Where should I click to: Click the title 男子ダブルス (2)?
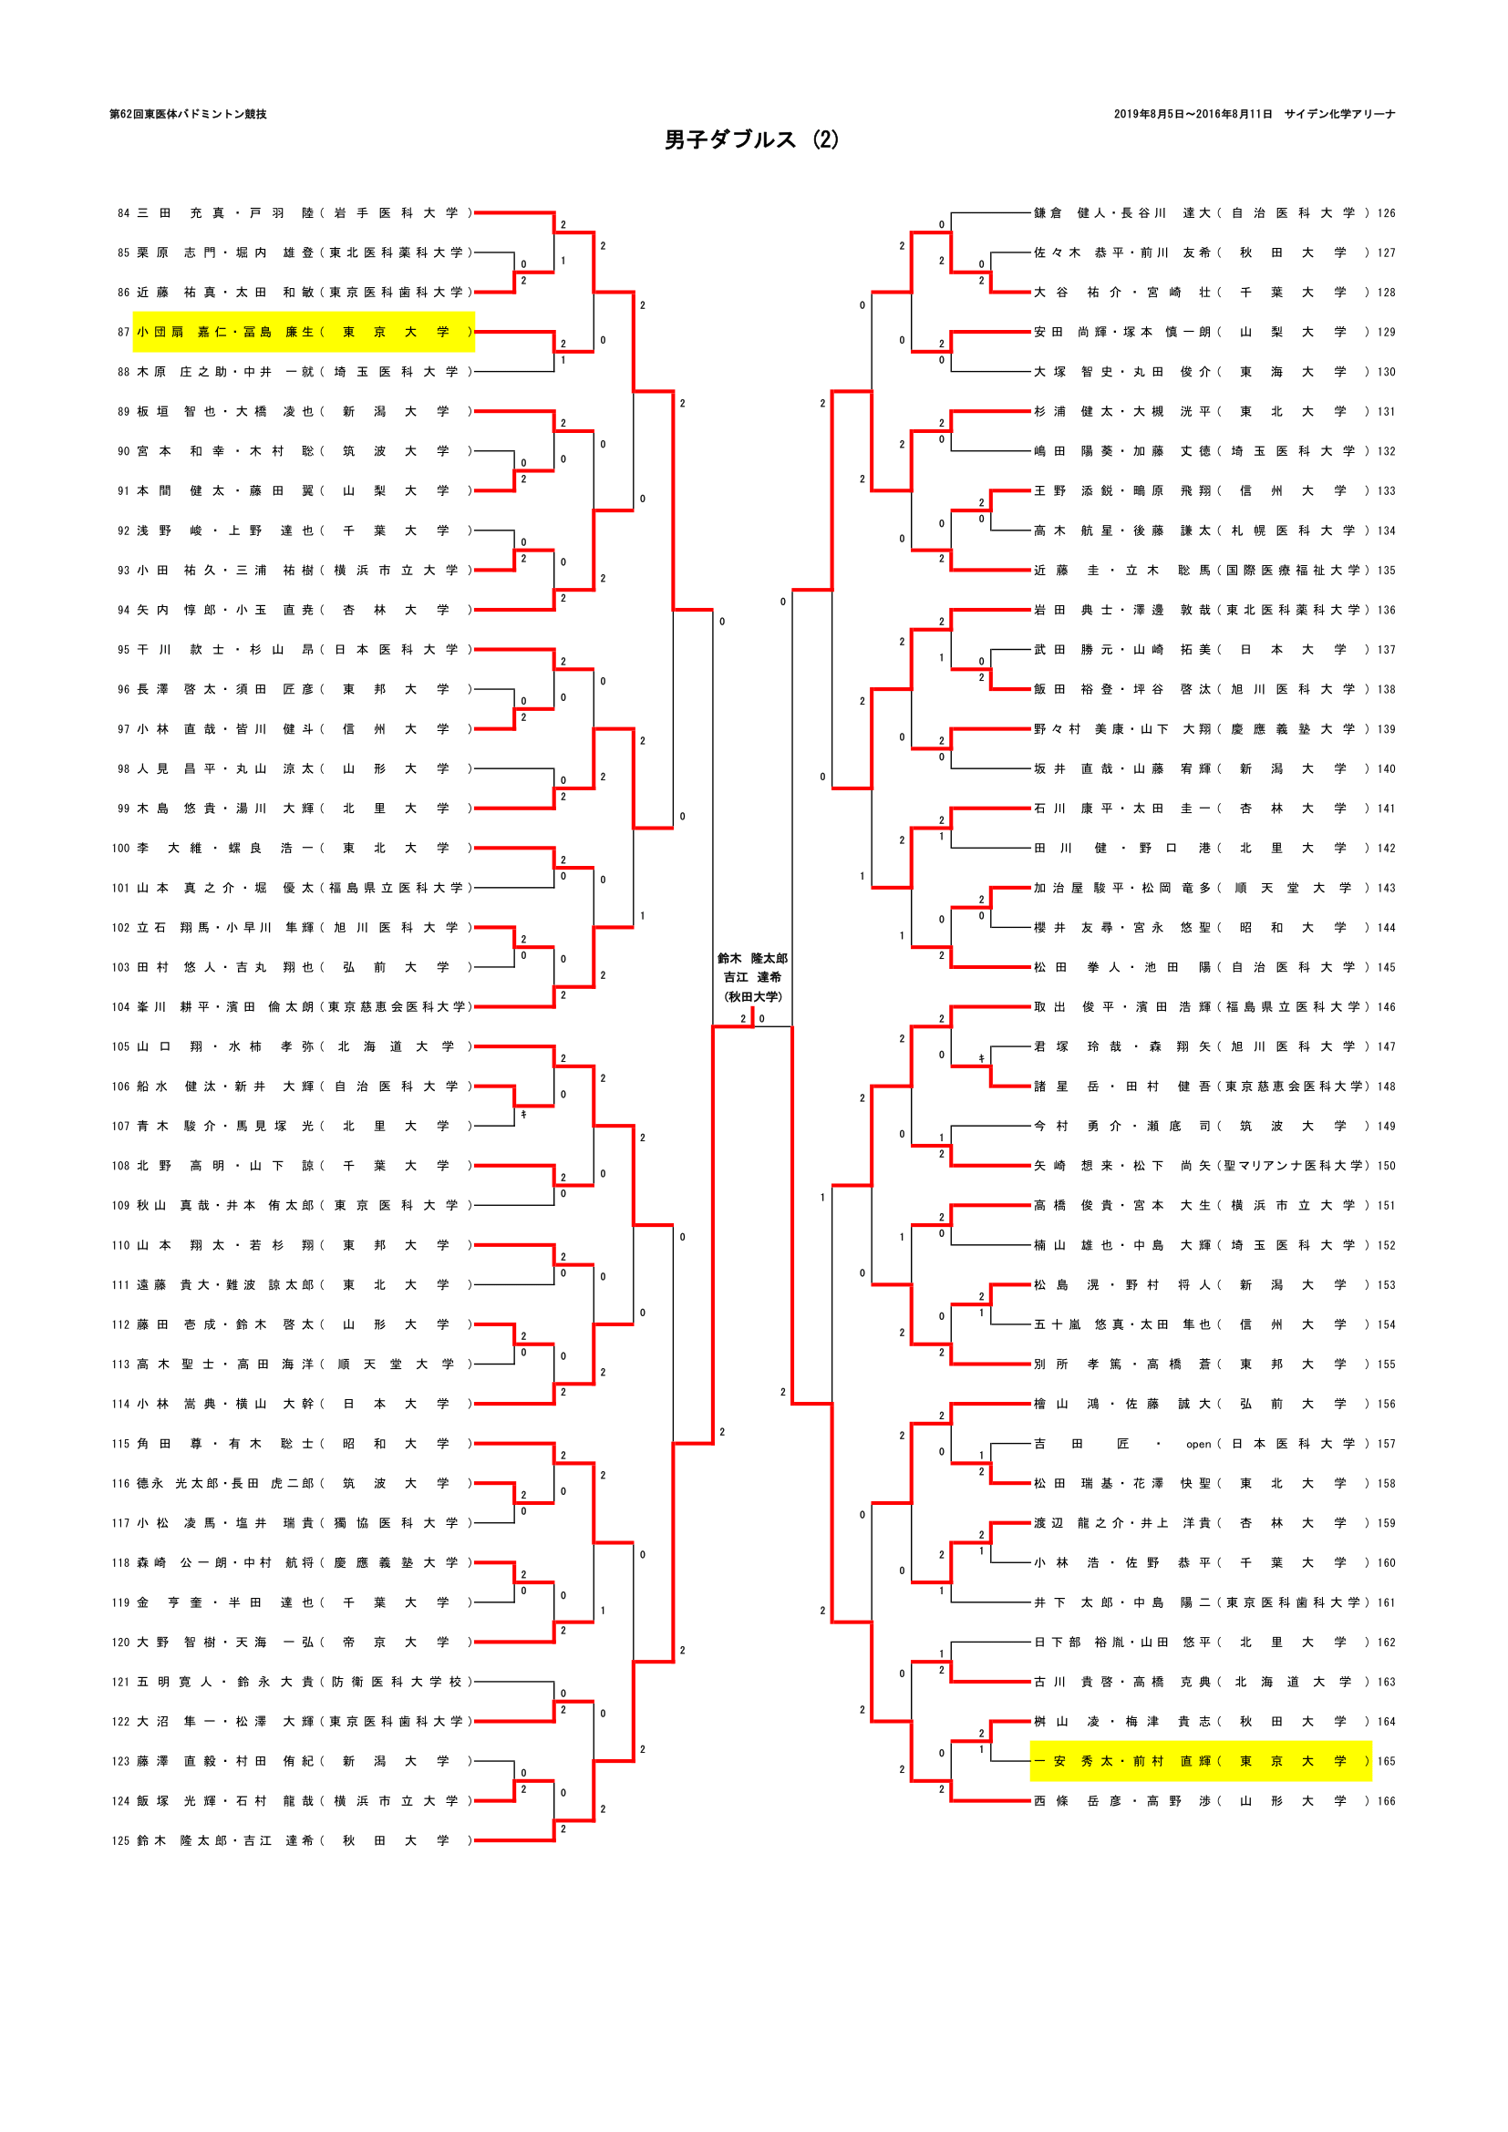coord(751,140)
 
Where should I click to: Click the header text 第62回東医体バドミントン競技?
coord(189,114)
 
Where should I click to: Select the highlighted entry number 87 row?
coord(304,333)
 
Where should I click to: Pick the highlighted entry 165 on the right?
coord(1200,1762)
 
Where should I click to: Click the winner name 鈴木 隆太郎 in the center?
coord(752,958)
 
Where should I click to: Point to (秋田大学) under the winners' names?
coord(753,997)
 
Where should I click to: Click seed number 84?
coord(123,213)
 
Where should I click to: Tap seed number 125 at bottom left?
coord(120,1840)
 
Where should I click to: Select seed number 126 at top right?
coord(1386,213)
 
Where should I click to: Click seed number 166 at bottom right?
coord(1386,1801)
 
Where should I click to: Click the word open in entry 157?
coord(1198,1444)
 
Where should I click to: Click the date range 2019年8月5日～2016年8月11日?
coord(1193,114)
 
